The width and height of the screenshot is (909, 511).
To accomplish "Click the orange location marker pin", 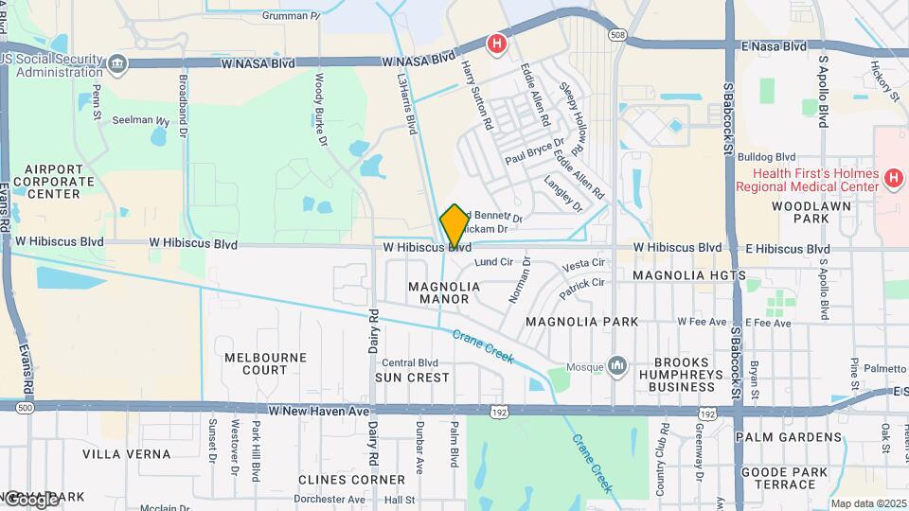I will coord(454,225).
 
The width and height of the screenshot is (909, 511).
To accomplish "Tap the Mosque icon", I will coord(618,364).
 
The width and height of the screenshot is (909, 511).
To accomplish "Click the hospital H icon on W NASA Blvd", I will coord(495,44).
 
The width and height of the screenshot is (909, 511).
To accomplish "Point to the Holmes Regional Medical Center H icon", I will coord(892,178).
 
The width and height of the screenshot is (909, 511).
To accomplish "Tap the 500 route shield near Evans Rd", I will coord(25,407).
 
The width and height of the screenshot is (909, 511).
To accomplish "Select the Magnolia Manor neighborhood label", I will coord(443,292).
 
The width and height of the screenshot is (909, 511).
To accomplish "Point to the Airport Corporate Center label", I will coord(53,181).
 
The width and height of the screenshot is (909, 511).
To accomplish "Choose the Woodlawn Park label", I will coord(800,212).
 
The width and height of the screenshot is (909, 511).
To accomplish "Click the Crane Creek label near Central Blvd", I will coord(482,347).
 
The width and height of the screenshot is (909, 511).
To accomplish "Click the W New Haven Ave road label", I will coord(316,411).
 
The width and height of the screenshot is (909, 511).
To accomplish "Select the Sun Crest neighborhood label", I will coord(412,378).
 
